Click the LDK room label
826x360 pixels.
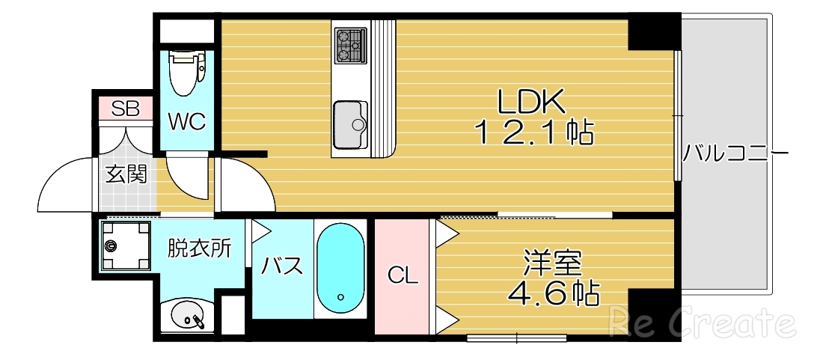click(x=532, y=101)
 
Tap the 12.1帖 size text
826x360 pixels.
click(x=533, y=133)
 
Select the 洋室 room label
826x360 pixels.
click(x=554, y=263)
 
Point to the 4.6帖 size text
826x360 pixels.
click(x=554, y=293)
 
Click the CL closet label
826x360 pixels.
click(x=403, y=276)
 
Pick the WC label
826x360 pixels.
click(x=186, y=122)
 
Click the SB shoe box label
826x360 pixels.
click(x=125, y=109)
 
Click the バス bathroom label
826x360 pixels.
click(x=281, y=266)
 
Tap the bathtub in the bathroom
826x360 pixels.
click(x=340, y=269)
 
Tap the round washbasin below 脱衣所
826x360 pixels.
click(x=186, y=317)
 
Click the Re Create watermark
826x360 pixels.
click(x=701, y=323)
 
